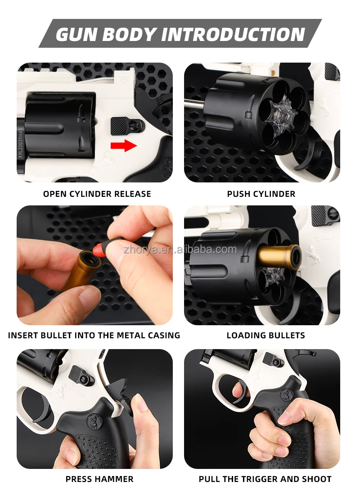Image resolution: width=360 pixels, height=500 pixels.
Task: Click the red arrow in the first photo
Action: click(x=124, y=145)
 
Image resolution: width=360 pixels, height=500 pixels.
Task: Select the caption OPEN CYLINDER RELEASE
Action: click(x=97, y=194)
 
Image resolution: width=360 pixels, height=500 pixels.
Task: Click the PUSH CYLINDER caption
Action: click(x=261, y=194)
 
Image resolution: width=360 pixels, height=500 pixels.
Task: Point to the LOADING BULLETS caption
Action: click(x=265, y=336)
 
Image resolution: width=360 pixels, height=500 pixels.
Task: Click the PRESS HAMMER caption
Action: click(x=99, y=479)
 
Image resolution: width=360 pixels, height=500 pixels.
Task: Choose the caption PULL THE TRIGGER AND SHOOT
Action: click(x=265, y=479)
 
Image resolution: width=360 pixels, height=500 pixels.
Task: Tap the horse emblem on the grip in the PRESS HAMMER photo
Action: click(x=95, y=422)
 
